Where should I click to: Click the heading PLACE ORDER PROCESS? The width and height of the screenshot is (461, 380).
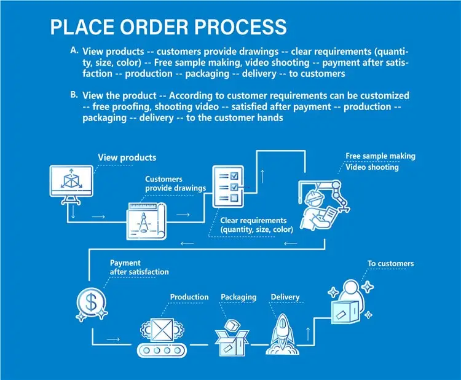168,27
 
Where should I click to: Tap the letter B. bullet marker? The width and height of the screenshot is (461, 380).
74,95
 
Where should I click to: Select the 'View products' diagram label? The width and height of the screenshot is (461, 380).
127,158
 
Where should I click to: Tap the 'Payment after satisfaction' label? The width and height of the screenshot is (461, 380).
139,267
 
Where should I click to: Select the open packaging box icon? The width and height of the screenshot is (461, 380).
232,336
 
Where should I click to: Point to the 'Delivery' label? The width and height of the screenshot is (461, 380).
285,298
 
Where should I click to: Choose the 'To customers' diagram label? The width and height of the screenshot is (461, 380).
390,264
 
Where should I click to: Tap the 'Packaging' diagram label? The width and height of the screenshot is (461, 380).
238,298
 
